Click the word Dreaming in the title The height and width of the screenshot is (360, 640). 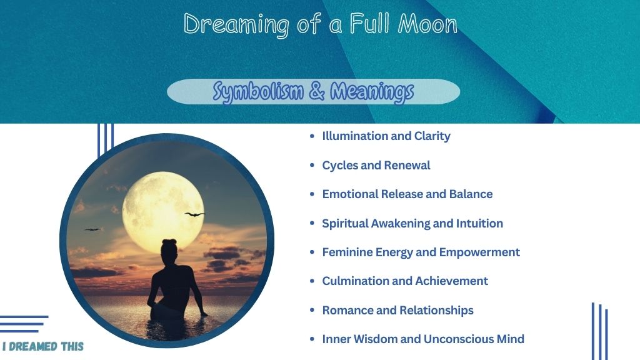tap(236, 24)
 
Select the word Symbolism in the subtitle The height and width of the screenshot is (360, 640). tap(258, 91)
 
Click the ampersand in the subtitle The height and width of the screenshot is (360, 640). tap(317, 91)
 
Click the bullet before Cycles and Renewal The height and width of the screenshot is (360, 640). tap(312, 165)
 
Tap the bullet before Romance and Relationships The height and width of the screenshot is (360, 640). tap(312, 310)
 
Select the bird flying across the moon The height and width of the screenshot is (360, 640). tap(195, 214)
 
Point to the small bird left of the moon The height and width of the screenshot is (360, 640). tap(92, 229)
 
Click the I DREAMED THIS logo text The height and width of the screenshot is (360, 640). tap(43, 346)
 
